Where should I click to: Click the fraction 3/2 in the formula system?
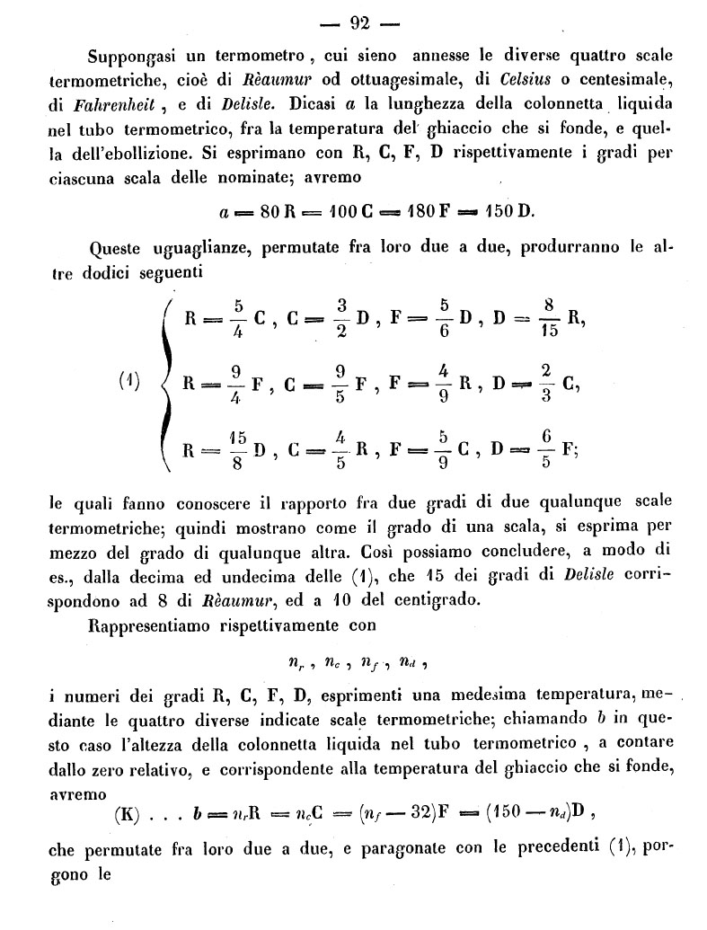click(338, 319)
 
